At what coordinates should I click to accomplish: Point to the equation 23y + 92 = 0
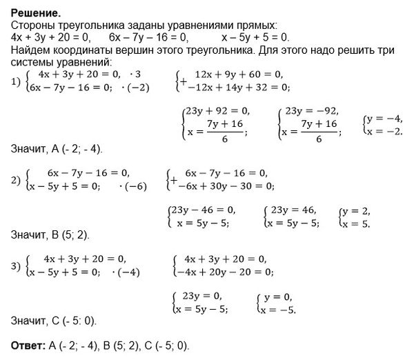(216, 110)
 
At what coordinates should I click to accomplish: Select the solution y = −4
(384, 119)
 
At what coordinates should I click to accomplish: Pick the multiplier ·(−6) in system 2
(133, 186)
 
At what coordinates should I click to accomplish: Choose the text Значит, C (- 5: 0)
(54, 321)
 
